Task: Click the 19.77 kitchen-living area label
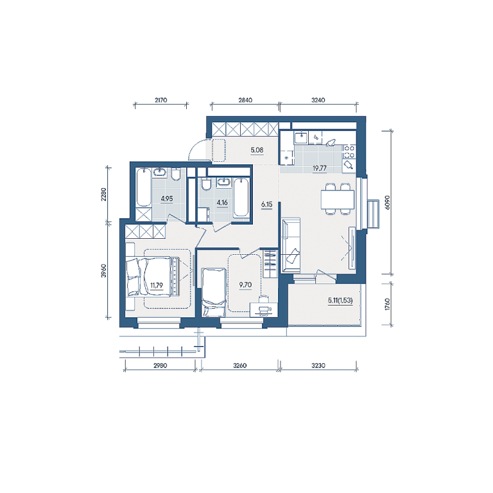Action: [x=320, y=168]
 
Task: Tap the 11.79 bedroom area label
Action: [x=156, y=285]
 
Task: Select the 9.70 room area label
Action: [x=245, y=285]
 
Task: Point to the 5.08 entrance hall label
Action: [x=257, y=150]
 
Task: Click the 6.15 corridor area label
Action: [x=266, y=204]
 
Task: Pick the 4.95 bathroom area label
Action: [x=167, y=199]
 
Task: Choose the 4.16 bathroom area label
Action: [x=222, y=202]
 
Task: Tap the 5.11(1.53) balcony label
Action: [x=340, y=300]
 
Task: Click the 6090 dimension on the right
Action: [x=387, y=202]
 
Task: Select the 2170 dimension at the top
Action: [x=160, y=100]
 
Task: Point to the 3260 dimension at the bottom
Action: [x=240, y=366]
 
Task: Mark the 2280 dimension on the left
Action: [x=104, y=195]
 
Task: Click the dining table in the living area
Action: [x=338, y=200]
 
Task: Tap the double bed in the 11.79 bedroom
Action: [x=153, y=277]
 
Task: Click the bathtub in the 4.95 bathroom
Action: [x=144, y=187]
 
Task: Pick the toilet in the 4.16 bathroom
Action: [x=206, y=185]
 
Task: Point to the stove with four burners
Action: [x=349, y=151]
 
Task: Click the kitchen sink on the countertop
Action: [x=301, y=137]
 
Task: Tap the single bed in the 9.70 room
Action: [x=214, y=293]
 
